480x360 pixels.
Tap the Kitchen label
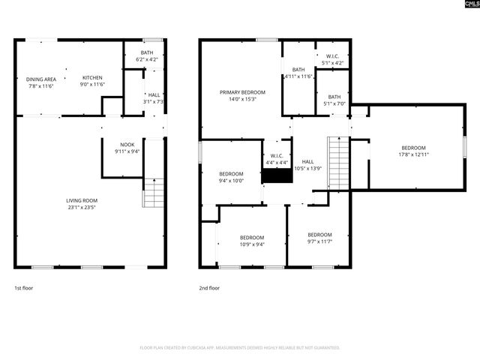tap(92, 78)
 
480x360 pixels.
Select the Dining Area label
tap(40, 79)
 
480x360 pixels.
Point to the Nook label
tap(127, 145)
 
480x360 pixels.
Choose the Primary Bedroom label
tap(242, 92)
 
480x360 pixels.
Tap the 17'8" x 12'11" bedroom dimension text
tap(413, 154)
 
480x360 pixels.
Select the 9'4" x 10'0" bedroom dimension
tap(231, 180)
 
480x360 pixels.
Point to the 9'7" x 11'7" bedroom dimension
tap(319, 241)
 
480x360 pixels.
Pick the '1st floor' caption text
tap(23, 288)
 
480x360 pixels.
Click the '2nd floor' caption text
tap(209, 288)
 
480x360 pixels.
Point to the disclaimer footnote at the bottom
tap(240, 348)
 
